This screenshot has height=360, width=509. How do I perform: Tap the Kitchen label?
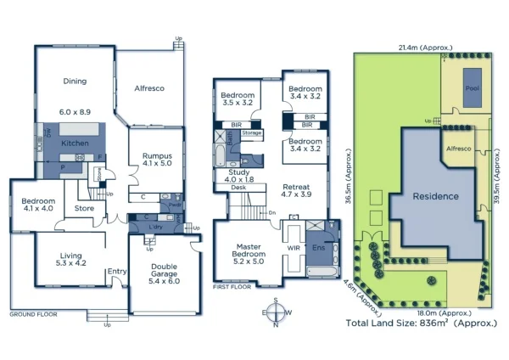[75, 144]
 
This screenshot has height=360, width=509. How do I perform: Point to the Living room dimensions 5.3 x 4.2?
[70, 263]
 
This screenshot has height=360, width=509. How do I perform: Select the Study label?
[240, 171]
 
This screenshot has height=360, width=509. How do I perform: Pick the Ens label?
[318, 248]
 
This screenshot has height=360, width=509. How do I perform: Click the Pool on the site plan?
[471, 87]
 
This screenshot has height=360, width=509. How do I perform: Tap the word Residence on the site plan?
[435, 196]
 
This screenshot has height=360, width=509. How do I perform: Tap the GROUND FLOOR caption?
[32, 314]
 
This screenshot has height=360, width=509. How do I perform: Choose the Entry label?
[115, 272]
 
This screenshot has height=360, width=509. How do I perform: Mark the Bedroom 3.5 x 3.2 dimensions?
[238, 102]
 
